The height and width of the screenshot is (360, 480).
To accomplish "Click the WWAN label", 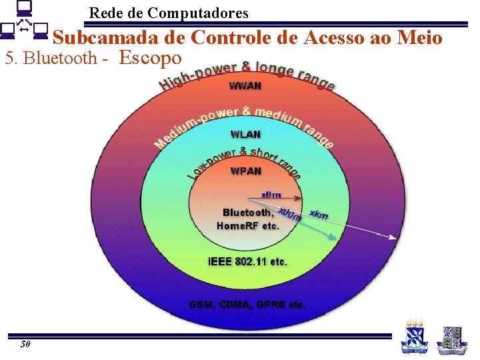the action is pyautogui.click(x=245, y=86).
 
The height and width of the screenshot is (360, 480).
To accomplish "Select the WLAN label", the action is pyautogui.click(x=245, y=135).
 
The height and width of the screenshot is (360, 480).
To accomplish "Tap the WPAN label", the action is pyautogui.click(x=245, y=171).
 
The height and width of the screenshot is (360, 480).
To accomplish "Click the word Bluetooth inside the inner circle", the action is pyautogui.click(x=247, y=213).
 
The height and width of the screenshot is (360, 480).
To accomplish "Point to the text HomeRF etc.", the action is pyautogui.click(x=248, y=226).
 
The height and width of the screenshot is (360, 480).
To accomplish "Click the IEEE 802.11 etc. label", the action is pyautogui.click(x=247, y=262).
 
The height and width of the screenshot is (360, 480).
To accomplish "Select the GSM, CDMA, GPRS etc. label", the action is pyautogui.click(x=247, y=305).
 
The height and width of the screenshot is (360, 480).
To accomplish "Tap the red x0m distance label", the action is pyautogui.click(x=271, y=195).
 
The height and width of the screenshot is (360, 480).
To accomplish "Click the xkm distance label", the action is pyautogui.click(x=319, y=215).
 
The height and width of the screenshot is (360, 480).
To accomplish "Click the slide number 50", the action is pyautogui.click(x=25, y=345).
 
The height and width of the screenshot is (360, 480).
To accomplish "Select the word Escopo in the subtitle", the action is pyautogui.click(x=150, y=58).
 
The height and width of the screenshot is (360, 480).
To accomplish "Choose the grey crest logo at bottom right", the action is pyautogui.click(x=451, y=339).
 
